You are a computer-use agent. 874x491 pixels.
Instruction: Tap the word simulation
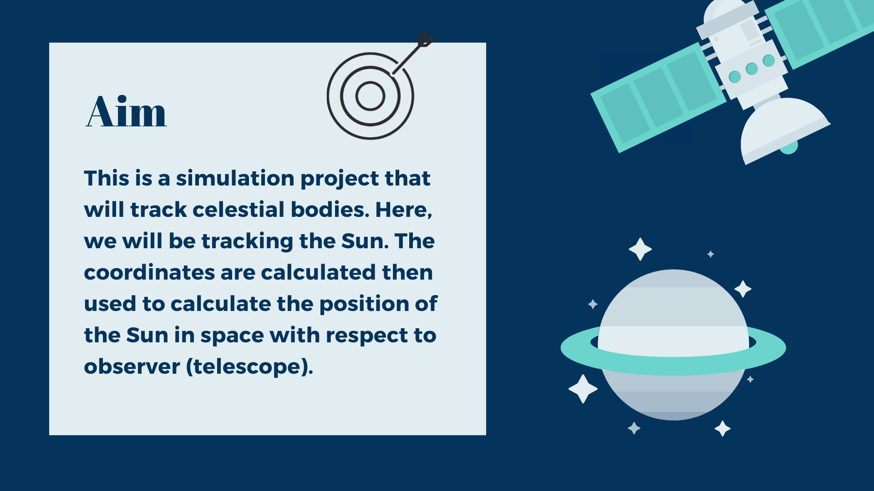(x=235, y=178)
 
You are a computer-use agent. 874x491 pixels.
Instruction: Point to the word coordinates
(x=149, y=272)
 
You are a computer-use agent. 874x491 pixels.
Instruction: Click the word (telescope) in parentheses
(x=249, y=367)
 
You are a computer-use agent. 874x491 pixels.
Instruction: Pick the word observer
(x=132, y=366)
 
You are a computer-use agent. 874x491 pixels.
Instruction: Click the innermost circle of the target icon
(x=370, y=96)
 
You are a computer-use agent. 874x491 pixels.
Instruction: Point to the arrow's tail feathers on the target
(x=425, y=39)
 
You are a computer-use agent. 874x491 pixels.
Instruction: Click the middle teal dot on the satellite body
(x=752, y=69)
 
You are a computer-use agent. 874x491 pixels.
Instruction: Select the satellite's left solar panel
(x=658, y=97)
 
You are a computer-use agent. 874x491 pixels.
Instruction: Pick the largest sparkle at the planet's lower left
(x=583, y=389)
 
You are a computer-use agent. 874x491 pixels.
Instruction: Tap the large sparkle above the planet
(x=640, y=249)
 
